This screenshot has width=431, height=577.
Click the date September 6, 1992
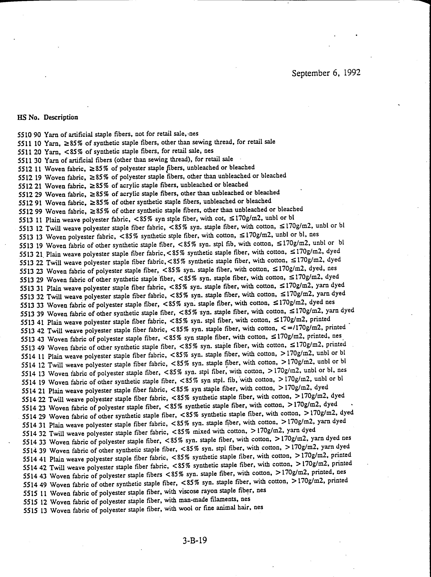click(326, 73)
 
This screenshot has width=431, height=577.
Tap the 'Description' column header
click(61, 117)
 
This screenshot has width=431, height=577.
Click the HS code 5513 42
click(33, 331)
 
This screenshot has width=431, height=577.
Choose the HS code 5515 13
click(35, 510)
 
